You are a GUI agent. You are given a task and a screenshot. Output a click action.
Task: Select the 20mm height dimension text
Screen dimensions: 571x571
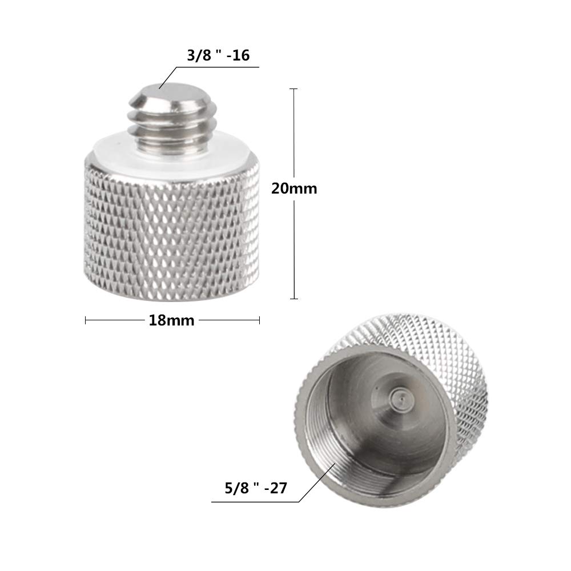tap(294, 188)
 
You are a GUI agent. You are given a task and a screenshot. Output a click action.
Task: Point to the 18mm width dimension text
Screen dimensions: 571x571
tap(171, 321)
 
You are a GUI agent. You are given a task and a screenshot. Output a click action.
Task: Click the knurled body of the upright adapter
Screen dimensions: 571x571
tap(171, 223)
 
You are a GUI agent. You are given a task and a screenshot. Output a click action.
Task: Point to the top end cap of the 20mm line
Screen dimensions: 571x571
tap(294, 89)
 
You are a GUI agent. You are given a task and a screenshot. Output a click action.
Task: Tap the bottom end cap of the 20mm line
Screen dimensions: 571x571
tap(294, 299)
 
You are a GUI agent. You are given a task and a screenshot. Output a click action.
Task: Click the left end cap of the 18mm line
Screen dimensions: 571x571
tap(86, 321)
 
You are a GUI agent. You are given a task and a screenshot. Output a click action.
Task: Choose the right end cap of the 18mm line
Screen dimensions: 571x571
tap(260, 321)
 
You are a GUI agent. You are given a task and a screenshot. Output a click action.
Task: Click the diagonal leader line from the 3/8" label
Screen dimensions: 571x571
tap(169, 77)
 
